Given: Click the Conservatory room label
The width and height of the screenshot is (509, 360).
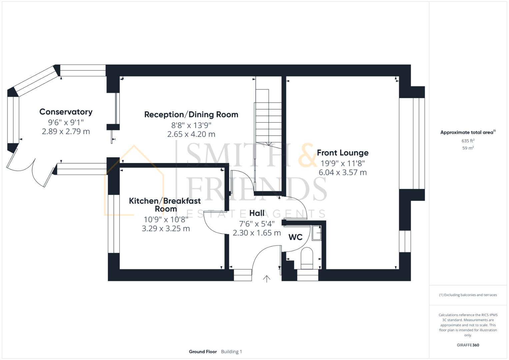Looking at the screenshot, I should (66, 112).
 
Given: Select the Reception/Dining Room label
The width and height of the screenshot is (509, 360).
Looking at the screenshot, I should (191, 115).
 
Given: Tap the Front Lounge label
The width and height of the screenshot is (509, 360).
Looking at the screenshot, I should (342, 153).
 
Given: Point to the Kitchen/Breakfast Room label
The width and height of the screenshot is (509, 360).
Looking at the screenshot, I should (165, 205).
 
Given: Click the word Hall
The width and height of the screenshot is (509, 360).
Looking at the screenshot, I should (257, 213).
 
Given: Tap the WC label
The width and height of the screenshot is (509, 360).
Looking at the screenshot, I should (295, 237).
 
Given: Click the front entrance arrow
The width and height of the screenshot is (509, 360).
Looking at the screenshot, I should (266, 279).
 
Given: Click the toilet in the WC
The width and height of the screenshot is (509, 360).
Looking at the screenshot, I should (307, 259).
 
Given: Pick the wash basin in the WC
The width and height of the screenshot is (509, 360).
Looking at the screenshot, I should (317, 233).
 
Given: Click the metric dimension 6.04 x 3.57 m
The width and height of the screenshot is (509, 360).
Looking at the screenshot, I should (342, 173).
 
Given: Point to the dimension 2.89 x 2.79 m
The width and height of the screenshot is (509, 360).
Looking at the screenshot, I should (66, 132).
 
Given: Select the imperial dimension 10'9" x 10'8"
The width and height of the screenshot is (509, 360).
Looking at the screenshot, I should (166, 220).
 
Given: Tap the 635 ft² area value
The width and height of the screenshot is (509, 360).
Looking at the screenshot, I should (468, 141).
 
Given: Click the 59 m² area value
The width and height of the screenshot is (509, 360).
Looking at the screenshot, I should (468, 148).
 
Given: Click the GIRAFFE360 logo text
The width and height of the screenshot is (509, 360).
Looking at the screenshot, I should (468, 345).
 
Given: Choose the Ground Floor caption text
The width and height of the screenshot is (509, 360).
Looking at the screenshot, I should (203, 352).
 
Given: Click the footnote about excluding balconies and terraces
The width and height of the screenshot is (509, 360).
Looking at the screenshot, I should (468, 295).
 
